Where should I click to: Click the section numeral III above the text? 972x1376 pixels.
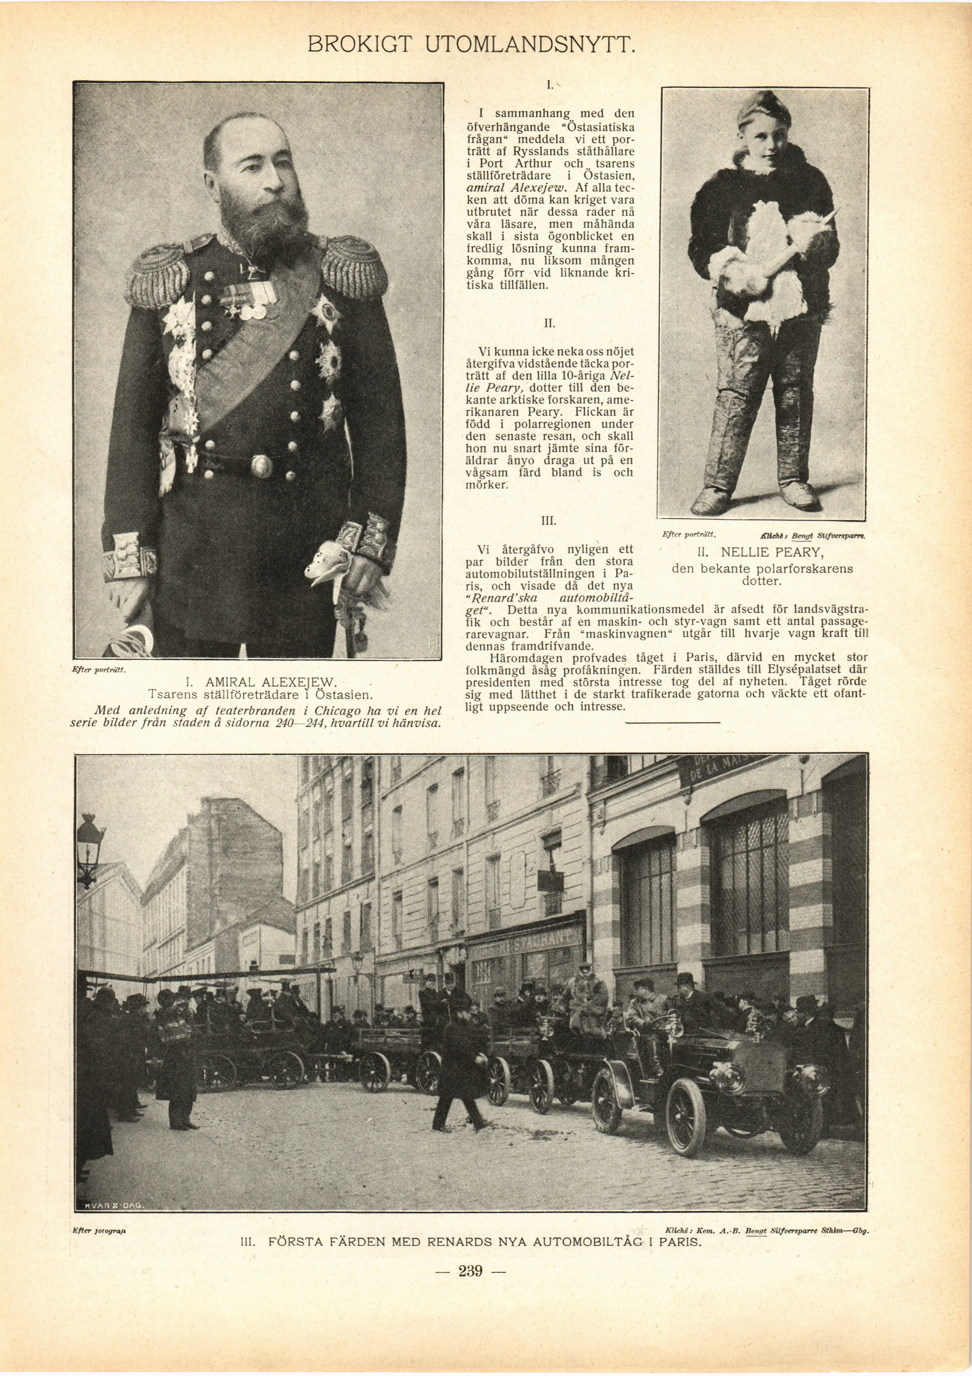549,521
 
